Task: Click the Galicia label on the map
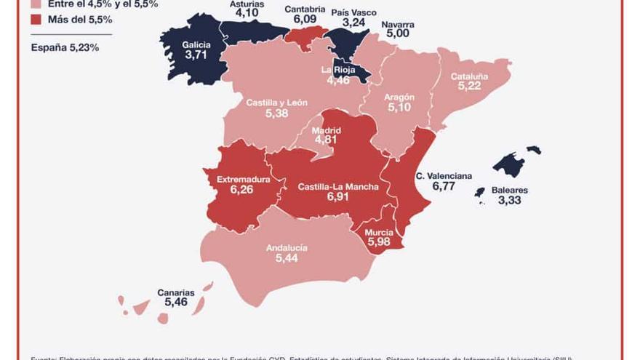click(196, 44)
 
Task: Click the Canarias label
click(176, 293)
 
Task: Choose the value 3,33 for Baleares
click(509, 200)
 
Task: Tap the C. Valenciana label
click(444, 176)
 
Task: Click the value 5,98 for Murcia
click(379, 241)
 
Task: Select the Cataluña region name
click(469, 76)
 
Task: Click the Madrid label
click(326, 131)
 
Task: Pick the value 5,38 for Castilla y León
click(276, 113)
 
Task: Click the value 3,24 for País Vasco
click(353, 23)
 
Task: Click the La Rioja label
click(338, 70)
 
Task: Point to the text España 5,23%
click(65, 47)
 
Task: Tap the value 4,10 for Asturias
click(247, 12)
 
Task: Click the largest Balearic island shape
click(511, 164)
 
